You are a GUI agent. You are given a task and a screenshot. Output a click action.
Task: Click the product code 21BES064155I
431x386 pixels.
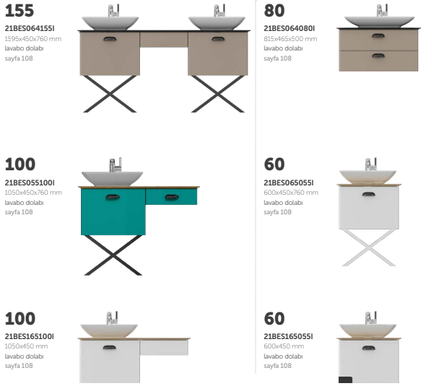[x=30, y=28]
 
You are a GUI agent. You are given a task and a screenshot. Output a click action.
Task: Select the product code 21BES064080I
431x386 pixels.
[x=289, y=28]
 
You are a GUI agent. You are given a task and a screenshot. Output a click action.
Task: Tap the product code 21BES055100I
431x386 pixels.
[x=30, y=183]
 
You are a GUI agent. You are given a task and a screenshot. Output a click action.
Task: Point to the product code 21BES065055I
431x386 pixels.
[x=289, y=183]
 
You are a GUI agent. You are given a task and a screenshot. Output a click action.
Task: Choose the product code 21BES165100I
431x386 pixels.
[x=29, y=336]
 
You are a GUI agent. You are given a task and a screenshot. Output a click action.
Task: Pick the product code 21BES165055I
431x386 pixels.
[x=288, y=336]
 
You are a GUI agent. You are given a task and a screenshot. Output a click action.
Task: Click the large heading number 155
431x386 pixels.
[x=19, y=11]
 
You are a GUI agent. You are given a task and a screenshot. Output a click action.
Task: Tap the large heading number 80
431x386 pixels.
[x=274, y=11]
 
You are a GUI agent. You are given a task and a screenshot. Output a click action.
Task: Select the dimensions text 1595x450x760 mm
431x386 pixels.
[x=33, y=39]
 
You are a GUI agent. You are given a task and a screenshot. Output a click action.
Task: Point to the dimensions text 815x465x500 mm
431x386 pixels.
[x=290, y=39]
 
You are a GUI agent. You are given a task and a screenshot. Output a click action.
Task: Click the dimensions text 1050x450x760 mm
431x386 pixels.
[x=33, y=193]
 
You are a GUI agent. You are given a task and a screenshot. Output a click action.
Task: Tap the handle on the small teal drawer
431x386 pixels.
[x=172, y=197]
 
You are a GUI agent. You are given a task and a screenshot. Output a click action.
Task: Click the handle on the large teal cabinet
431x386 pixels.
[x=113, y=197]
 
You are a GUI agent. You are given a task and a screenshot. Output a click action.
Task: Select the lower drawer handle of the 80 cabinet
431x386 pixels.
[x=378, y=56]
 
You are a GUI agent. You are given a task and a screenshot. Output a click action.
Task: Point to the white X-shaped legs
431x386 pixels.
[x=369, y=247]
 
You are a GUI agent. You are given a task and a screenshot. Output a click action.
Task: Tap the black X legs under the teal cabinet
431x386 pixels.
[x=113, y=255]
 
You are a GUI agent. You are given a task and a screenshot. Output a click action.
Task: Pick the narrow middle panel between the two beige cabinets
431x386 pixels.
[x=164, y=40]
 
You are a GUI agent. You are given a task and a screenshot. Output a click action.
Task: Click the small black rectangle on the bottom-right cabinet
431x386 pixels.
[x=346, y=380]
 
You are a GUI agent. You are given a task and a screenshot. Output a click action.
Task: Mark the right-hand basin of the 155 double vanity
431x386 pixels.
[x=217, y=23]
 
